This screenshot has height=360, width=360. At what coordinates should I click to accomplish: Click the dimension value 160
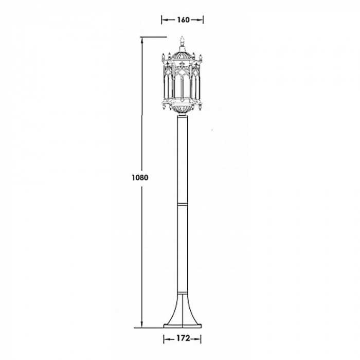point(183,20)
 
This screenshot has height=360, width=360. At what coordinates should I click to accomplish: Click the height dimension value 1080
point(140,177)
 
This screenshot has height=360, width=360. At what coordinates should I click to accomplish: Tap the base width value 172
point(183,338)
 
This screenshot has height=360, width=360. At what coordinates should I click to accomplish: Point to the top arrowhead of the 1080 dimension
point(142,41)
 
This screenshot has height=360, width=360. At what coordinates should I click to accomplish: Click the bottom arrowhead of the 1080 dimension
point(142,324)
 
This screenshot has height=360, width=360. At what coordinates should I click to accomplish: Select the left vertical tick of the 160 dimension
point(162,20)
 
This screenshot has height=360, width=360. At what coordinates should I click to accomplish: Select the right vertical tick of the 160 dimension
point(203,20)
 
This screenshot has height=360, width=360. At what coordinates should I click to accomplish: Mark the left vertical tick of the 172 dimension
point(164,339)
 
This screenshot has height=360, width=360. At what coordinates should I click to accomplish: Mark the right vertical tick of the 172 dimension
point(201,339)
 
